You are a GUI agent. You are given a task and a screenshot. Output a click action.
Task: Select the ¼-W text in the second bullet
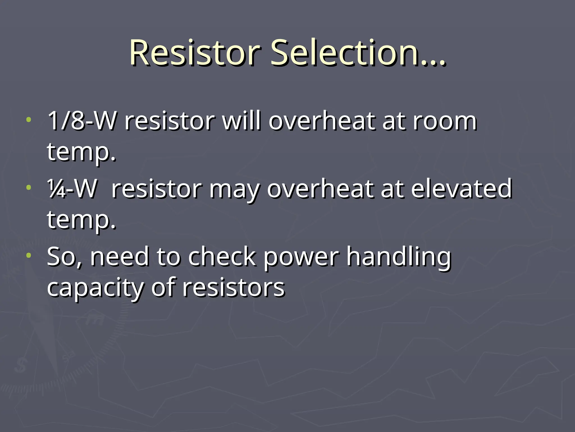(72, 189)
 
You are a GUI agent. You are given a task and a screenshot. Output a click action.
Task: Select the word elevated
(462, 189)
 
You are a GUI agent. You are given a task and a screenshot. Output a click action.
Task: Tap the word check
(222, 257)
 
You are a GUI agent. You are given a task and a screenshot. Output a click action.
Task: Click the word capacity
(95, 288)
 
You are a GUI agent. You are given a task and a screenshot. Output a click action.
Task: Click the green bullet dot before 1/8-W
(28, 120)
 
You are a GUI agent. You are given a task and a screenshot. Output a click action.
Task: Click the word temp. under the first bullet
(81, 152)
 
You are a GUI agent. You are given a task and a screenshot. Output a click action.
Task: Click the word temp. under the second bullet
(81, 220)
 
